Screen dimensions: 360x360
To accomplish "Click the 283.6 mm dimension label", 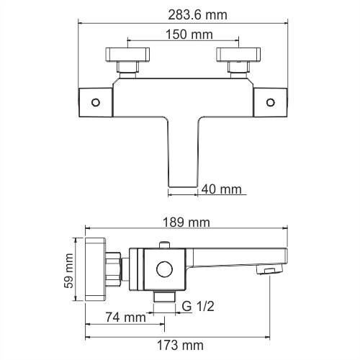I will coord(182,13).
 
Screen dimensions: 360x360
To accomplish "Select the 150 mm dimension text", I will coord(182,34).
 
